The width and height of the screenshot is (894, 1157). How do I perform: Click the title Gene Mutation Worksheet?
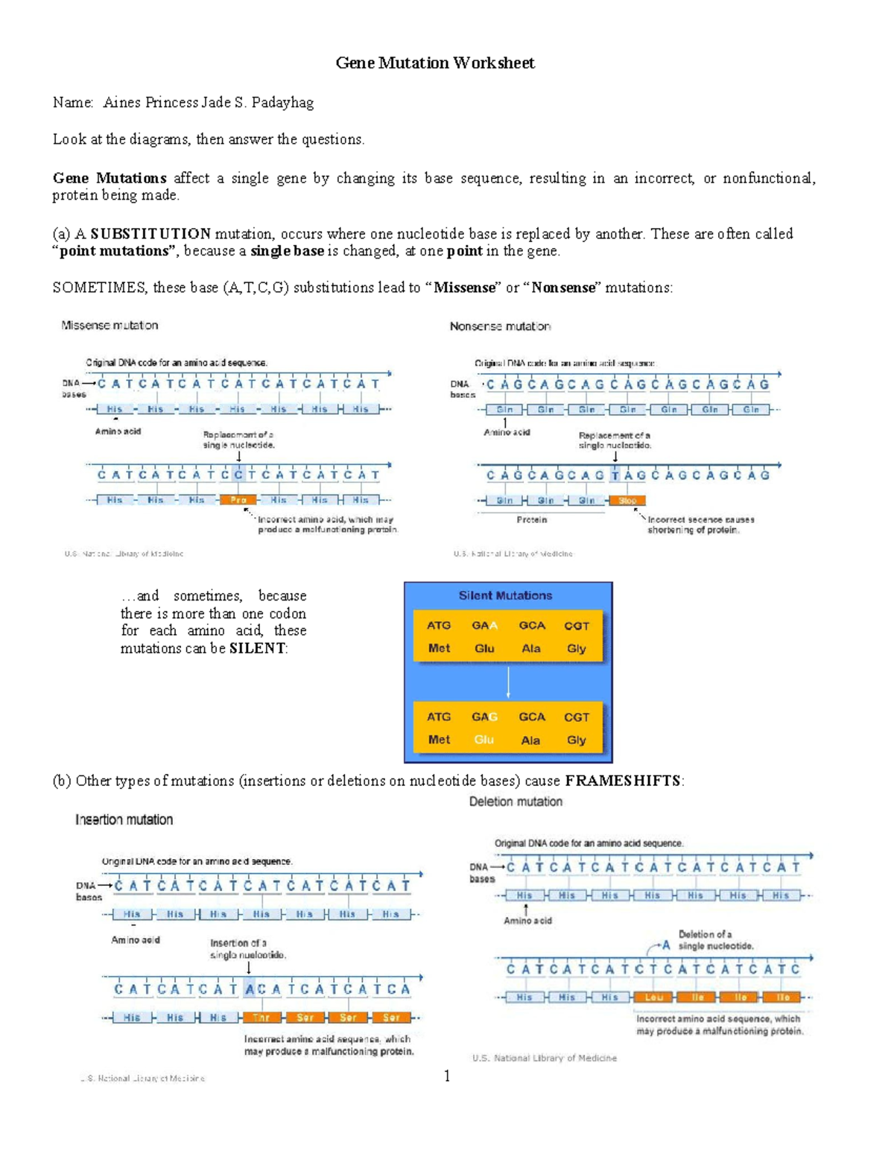(435, 63)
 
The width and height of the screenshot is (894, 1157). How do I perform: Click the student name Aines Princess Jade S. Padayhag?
(208, 103)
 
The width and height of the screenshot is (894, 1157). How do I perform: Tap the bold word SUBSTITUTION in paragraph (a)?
(150, 234)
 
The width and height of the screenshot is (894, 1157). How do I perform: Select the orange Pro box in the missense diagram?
(238, 500)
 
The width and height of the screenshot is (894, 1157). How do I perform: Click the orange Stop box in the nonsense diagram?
(627, 501)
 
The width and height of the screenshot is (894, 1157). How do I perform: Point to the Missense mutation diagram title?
(110, 326)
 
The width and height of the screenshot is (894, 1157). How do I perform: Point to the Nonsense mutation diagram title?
(500, 326)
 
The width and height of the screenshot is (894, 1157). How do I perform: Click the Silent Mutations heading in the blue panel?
(505, 595)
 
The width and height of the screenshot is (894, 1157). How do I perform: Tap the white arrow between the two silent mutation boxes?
(508, 682)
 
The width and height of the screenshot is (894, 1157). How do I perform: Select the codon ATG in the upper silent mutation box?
(439, 626)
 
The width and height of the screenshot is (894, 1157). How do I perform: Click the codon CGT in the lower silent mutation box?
(576, 717)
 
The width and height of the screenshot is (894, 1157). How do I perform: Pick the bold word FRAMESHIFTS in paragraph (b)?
(623, 781)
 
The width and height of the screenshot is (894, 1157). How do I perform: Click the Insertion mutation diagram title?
(124, 820)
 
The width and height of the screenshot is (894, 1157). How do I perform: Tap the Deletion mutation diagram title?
(516, 802)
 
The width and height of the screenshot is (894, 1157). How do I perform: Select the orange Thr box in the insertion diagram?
(261, 1018)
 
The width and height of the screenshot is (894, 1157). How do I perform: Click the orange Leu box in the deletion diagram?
(653, 998)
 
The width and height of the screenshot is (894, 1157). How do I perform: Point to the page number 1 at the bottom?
(446, 1076)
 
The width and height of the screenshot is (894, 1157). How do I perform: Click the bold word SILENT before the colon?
(257, 648)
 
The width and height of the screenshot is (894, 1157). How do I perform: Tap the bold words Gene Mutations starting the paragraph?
(109, 178)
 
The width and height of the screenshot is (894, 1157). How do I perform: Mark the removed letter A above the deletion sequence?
(666, 945)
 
